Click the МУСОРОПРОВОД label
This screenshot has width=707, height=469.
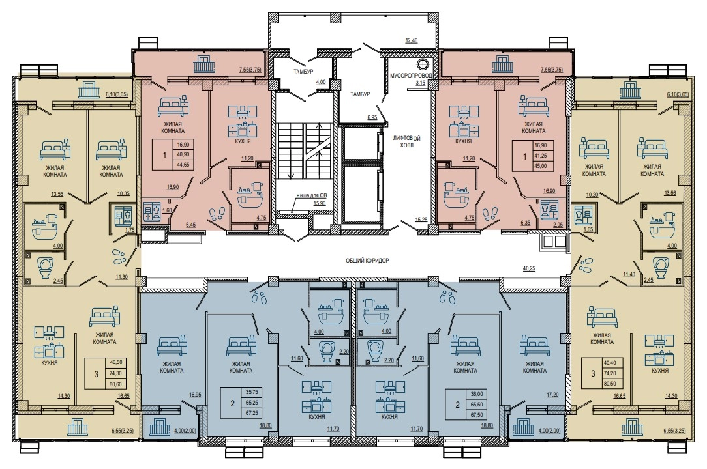pos(410,76)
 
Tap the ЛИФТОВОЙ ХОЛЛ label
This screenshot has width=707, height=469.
pos(406,141)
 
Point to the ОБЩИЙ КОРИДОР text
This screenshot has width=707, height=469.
pos(367,261)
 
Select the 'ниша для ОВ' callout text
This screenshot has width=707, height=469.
pos(311,195)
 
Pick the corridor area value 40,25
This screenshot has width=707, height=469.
pos(529,268)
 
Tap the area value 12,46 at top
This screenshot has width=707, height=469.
pos(411,40)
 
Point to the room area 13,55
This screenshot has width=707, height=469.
pos(57,195)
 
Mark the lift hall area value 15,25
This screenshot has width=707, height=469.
pos(421,220)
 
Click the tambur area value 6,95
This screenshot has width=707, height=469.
pos(372,117)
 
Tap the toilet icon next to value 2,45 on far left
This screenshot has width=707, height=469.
pos(44,266)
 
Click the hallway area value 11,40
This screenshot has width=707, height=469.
pos(629,274)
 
